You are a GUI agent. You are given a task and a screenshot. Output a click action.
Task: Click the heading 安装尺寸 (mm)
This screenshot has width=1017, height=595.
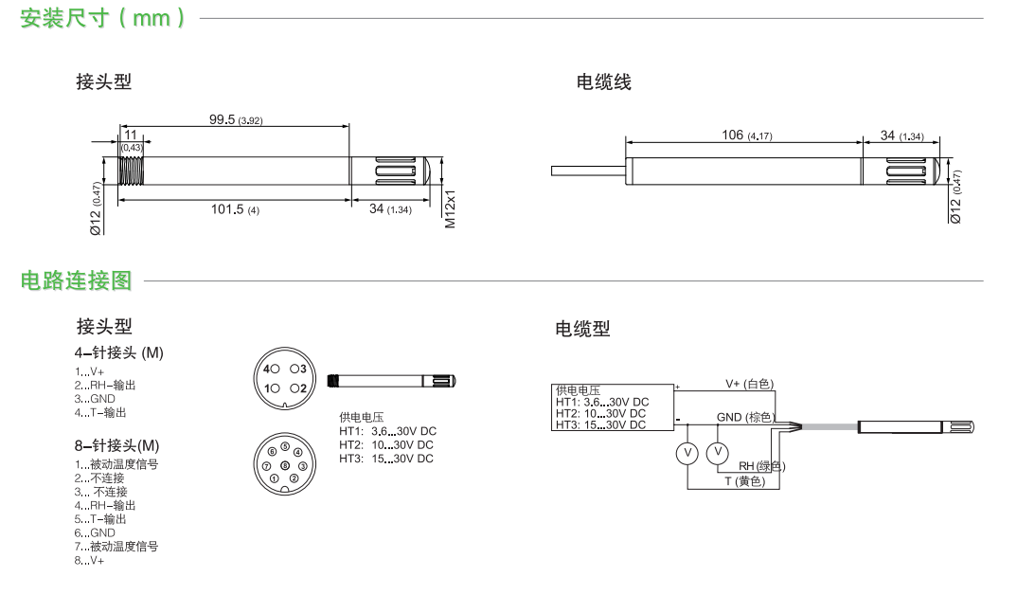click(x=102, y=18)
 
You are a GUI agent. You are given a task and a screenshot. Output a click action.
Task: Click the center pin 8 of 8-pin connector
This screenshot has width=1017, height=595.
click(x=285, y=465)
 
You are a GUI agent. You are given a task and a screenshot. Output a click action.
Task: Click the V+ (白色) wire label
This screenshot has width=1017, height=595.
click(x=749, y=384)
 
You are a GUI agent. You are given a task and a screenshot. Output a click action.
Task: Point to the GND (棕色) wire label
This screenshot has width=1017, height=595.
click(x=745, y=417)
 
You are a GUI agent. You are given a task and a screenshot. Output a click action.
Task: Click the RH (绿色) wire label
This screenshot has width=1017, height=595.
click(x=760, y=466)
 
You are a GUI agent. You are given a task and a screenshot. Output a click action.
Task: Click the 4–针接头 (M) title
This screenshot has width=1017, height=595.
click(x=119, y=352)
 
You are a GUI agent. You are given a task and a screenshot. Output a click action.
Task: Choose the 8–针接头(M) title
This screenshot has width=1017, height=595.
click(x=117, y=445)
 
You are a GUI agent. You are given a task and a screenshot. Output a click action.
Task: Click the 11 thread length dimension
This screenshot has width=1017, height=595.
click(x=131, y=135)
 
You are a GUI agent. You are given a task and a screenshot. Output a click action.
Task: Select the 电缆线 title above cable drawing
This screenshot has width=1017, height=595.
click(x=603, y=82)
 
